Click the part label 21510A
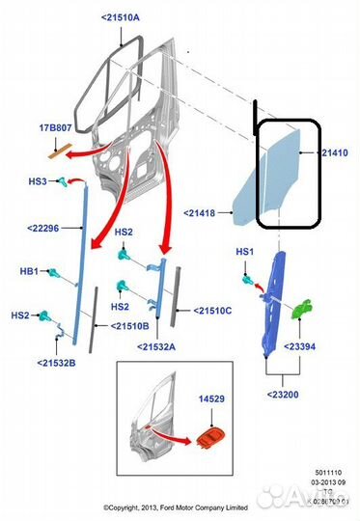(120, 17)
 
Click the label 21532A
(157, 345)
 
